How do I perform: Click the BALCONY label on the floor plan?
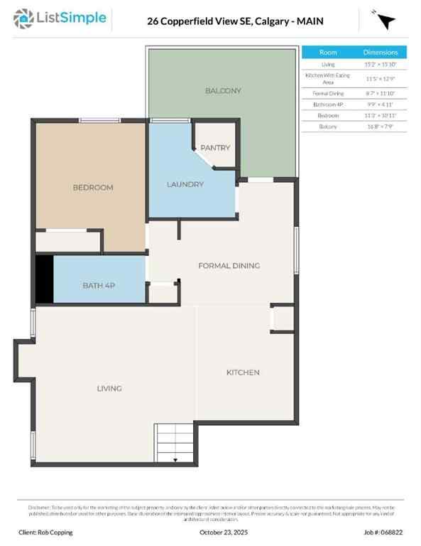click(x=223, y=90)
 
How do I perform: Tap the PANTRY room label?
click(x=215, y=148)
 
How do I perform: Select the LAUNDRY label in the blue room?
click(x=185, y=184)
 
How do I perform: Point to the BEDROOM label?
click(x=93, y=188)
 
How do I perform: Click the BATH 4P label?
click(x=99, y=285)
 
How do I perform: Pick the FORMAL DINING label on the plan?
click(x=229, y=266)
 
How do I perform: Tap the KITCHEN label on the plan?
click(x=243, y=373)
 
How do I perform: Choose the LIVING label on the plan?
click(x=109, y=388)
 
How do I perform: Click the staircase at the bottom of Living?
click(x=174, y=443)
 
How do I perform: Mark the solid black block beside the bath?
click(x=44, y=279)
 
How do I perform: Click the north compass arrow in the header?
click(x=386, y=22)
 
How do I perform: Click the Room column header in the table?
click(x=328, y=52)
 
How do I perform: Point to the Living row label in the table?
click(x=328, y=64)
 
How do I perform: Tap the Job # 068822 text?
click(x=383, y=532)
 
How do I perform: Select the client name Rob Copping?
click(x=45, y=532)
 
